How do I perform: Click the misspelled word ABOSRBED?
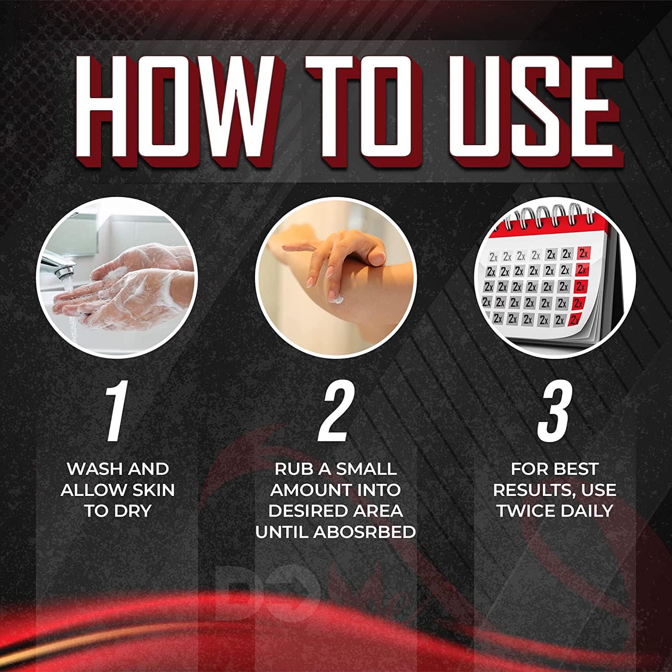click(364, 532)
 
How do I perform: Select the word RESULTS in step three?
click(532, 490)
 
